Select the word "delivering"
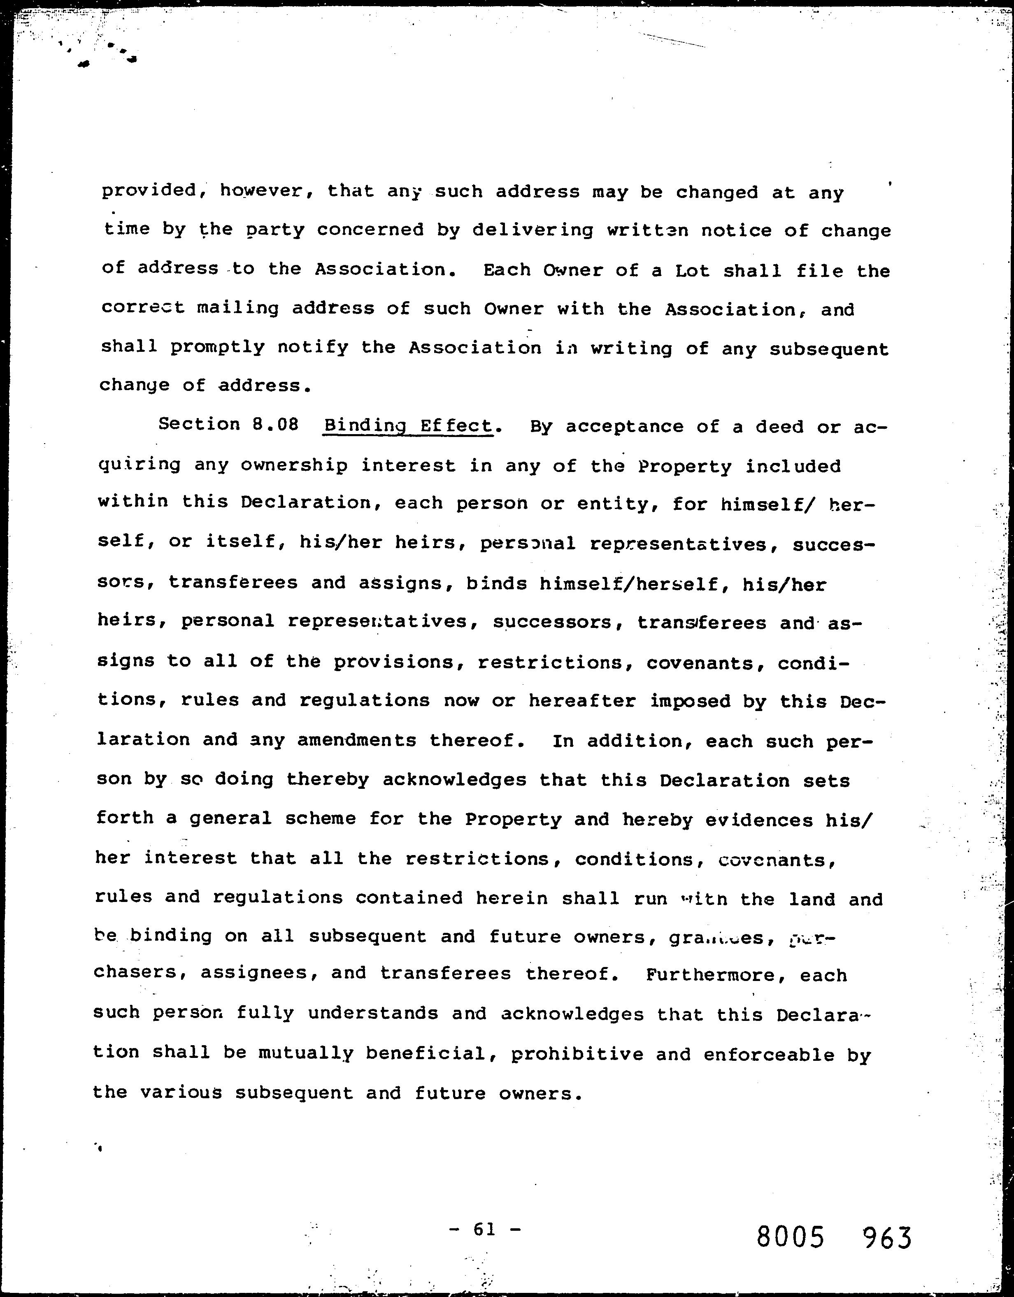[533, 230]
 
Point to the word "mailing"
[237, 309]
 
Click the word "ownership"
[294, 465]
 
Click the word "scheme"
[320, 818]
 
